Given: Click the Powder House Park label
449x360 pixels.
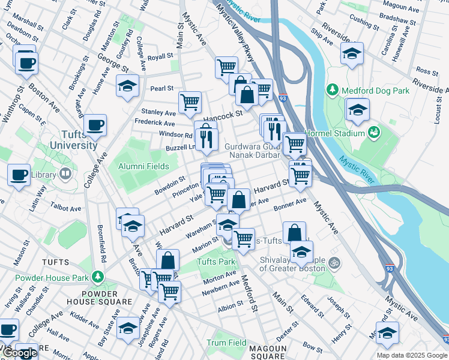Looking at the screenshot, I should (x=51, y=277).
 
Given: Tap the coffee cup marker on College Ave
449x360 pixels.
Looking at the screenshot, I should (x=95, y=126).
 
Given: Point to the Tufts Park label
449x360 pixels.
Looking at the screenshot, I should (x=216, y=262).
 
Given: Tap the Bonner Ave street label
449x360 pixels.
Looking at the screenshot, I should (x=290, y=206).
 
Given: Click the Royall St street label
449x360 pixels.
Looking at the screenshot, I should (x=160, y=58).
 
